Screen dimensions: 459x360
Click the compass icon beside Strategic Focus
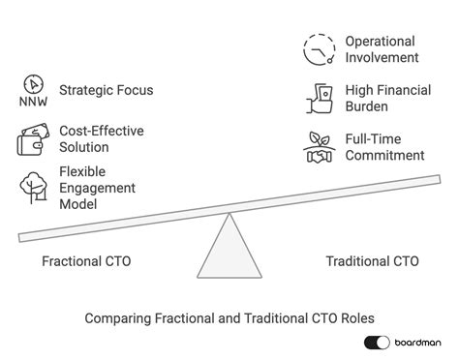[x=34, y=83]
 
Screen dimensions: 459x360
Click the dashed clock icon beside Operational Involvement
[x=318, y=48]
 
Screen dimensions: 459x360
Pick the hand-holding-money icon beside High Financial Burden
[x=319, y=98]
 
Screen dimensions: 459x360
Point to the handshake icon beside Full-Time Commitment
[x=319, y=147]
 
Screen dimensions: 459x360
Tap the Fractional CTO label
[x=86, y=261]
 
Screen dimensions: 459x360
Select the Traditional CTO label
[x=372, y=261]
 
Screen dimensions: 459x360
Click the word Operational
[x=381, y=42]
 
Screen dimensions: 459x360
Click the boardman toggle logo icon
[x=377, y=343]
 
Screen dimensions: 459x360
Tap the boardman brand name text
[x=418, y=343]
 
